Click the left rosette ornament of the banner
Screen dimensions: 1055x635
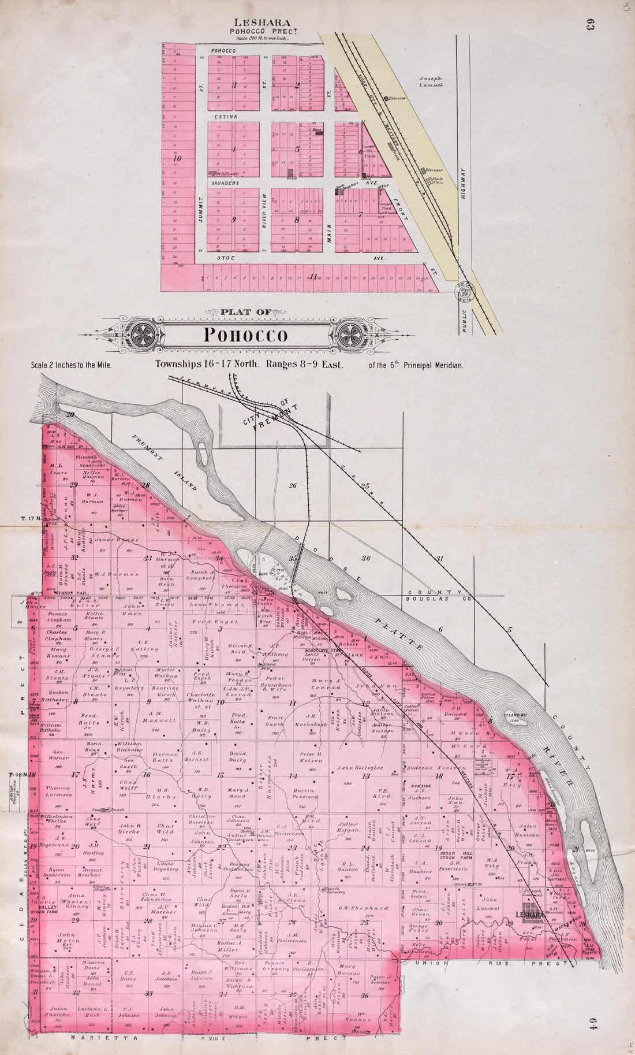[x=142, y=334]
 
